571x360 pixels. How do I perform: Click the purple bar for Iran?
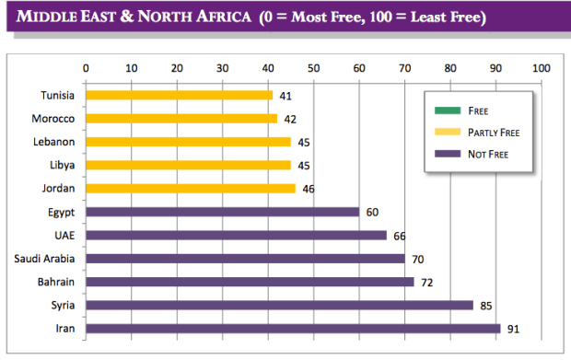pyautogui.click(x=292, y=329)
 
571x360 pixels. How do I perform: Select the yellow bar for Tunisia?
pyautogui.click(x=179, y=95)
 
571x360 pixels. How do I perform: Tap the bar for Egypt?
pyautogui.click(x=222, y=212)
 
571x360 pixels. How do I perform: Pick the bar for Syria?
pyautogui.click(x=279, y=305)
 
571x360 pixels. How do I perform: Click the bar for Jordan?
pyautogui.click(x=191, y=188)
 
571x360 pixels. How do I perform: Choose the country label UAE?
pyautogui.click(x=64, y=235)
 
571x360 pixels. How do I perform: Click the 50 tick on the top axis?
pyautogui.click(x=313, y=67)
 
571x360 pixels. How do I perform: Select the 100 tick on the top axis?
pyautogui.click(x=541, y=67)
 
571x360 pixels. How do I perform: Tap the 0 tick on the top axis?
pyautogui.click(x=86, y=67)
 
